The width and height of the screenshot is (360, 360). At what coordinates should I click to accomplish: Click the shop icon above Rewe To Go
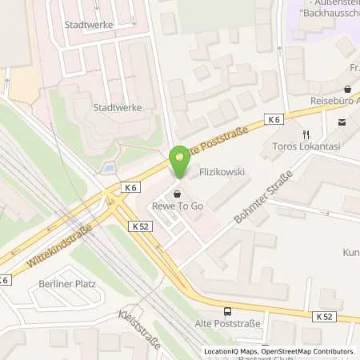tap(177, 194)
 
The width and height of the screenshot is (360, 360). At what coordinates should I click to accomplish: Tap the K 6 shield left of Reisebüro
tap(274, 119)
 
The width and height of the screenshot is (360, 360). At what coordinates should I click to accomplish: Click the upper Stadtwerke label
tap(90, 24)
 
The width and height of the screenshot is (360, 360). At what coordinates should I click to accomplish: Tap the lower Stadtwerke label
tap(115, 106)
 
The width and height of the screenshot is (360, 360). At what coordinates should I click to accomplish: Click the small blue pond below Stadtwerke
tap(107, 170)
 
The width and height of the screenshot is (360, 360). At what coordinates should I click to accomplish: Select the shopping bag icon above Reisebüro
tap(347, 90)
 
